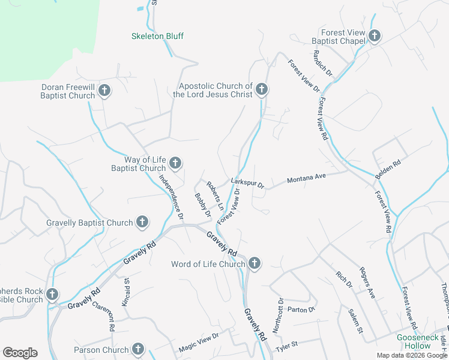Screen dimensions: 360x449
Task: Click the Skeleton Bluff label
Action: tap(157, 36)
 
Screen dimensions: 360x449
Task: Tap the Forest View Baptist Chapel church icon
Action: tap(375, 36)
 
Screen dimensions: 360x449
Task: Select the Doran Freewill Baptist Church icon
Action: tap(104, 91)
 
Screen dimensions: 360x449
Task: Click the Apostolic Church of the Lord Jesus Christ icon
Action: tap(261, 90)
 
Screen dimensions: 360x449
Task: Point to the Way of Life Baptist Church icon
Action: tap(175, 163)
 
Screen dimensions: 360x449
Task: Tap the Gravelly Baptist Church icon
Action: tap(142, 223)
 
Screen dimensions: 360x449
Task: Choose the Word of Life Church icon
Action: tap(255, 263)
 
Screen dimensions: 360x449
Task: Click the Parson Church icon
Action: tap(138, 349)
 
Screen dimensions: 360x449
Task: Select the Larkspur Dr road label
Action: tap(247, 183)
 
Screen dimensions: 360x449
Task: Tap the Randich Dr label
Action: tap(322, 63)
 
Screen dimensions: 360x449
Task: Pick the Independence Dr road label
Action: tap(170, 190)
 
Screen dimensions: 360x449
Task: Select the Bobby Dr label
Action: tap(203, 205)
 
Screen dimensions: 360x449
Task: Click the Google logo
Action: tap(20, 353)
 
